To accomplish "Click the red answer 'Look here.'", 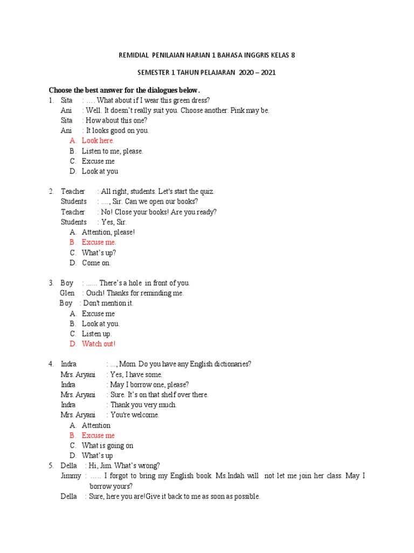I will click(x=98, y=140).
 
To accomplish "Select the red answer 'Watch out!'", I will click(x=99, y=343).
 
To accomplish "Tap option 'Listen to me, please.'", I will click(x=112, y=151).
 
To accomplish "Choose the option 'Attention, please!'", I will click(x=108, y=232).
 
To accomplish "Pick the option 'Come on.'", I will click(x=96, y=263).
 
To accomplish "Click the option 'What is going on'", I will click(x=107, y=446).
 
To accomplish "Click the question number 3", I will click(x=51, y=283).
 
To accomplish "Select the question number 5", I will click(x=51, y=466).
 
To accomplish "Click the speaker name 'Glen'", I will click(x=67, y=293).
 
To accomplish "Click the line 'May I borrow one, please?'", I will click(x=149, y=385).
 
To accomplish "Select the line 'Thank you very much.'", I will click(x=143, y=404).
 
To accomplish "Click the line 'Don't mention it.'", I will click(x=108, y=303).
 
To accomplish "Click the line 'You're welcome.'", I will click(x=135, y=415).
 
